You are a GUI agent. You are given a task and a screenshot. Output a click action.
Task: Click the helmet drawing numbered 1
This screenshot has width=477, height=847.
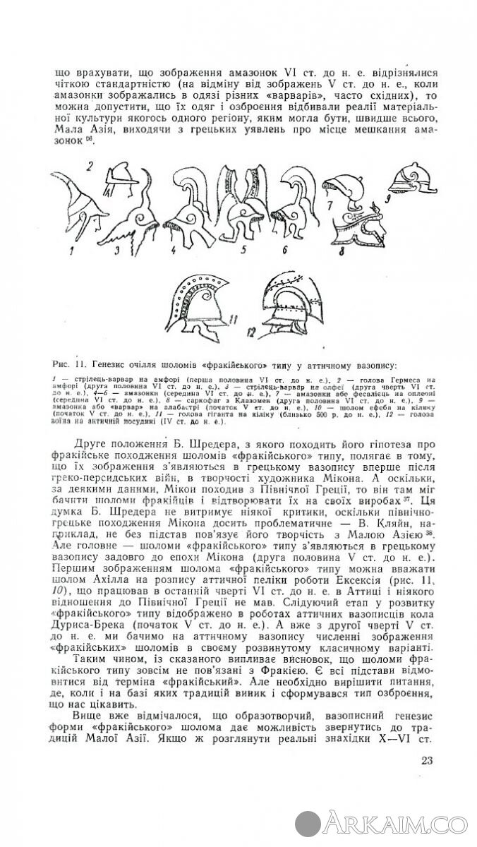74,212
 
